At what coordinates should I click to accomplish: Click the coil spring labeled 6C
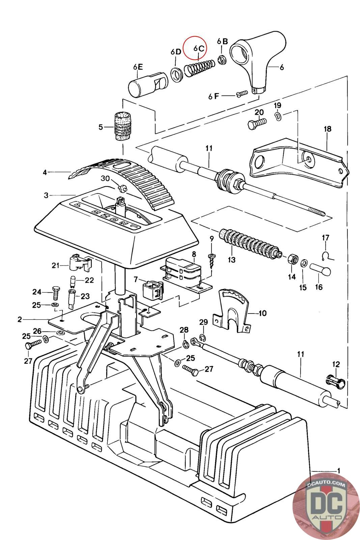point(199,68)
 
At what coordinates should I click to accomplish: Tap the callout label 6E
point(138,67)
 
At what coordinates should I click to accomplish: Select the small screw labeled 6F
point(242,93)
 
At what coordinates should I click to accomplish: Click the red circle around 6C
point(195,48)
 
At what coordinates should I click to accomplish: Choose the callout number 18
point(328,129)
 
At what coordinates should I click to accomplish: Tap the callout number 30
point(105,179)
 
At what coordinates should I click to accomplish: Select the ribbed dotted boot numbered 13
point(250,244)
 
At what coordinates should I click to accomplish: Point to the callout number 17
point(326,238)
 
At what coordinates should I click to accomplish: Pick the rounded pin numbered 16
point(320,270)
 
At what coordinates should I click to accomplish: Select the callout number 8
point(194,254)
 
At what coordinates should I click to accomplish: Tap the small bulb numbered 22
point(72,280)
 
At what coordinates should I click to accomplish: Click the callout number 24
point(37,292)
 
